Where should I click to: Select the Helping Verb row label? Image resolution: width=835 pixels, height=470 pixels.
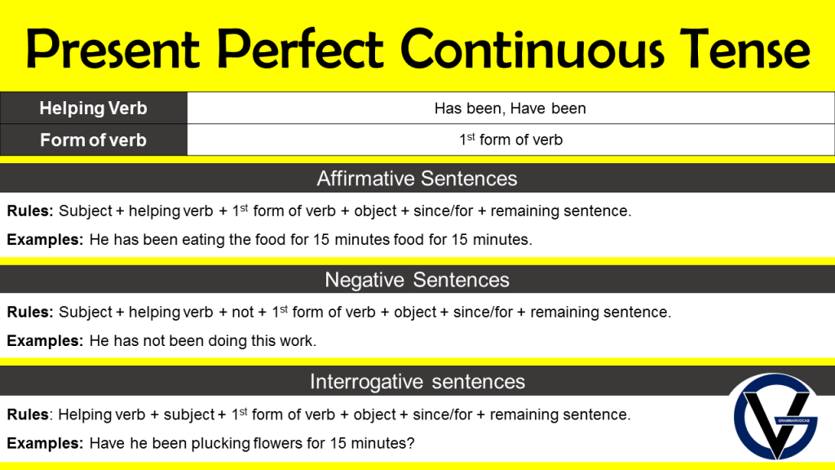[x=93, y=108]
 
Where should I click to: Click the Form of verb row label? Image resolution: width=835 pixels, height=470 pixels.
[x=93, y=140]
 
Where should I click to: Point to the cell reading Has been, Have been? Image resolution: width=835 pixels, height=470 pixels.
[x=510, y=108]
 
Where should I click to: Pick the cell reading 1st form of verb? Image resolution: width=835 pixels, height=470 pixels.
[x=510, y=140]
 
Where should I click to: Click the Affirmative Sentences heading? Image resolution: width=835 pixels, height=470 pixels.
[x=417, y=178]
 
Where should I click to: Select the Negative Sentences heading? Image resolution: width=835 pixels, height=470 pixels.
[x=417, y=280]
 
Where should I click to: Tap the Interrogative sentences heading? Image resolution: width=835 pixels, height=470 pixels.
[x=417, y=382]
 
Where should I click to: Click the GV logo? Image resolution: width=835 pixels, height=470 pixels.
[x=775, y=416]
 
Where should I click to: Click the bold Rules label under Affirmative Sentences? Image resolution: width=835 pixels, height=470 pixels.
[x=30, y=211]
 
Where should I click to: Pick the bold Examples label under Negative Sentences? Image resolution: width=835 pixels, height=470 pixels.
[x=45, y=341]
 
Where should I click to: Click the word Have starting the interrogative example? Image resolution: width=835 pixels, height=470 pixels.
[x=106, y=444]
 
